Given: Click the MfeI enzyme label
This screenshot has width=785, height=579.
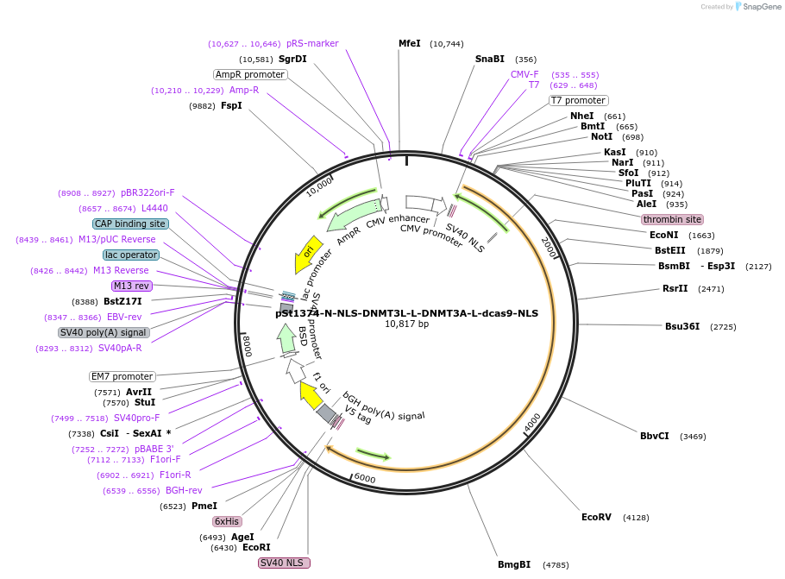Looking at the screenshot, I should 409,43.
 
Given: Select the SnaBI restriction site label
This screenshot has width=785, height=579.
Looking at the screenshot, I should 489,59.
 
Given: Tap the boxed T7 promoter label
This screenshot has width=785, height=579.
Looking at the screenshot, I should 579,100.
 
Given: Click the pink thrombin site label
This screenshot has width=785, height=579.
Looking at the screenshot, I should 672,219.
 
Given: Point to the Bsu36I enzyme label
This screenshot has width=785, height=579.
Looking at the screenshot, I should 682,326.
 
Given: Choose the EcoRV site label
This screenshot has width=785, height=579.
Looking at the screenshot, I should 596,517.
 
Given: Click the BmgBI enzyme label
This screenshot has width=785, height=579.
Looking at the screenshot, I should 514,564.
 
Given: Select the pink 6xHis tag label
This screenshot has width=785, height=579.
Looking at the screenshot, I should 227,521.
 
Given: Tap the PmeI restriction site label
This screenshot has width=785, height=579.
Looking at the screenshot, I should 204,506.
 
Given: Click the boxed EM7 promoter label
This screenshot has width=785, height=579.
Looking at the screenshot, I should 122,376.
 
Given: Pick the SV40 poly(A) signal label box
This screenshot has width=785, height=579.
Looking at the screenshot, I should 104,332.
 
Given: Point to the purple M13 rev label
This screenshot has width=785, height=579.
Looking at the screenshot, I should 130,286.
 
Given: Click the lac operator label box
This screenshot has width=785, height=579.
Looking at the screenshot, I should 130,255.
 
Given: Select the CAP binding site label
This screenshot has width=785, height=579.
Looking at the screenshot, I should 130,223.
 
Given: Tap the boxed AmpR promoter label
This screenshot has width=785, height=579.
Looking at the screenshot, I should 250,74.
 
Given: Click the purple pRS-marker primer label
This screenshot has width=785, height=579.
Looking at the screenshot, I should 312,43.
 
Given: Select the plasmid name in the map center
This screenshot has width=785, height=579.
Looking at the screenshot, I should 406,313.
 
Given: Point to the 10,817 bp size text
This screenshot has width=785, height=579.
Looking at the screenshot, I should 406,324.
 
